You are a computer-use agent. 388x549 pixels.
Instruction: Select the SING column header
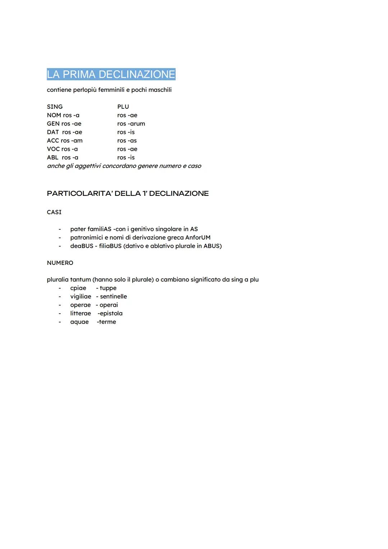(x=55, y=107)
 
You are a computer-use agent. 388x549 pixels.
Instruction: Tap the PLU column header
(x=123, y=107)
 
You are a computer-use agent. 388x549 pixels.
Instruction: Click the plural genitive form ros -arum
(x=131, y=123)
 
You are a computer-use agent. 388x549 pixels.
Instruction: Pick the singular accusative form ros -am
(x=72, y=140)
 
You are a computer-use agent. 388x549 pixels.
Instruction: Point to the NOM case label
(x=54, y=115)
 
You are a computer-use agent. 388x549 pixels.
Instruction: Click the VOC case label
(x=53, y=149)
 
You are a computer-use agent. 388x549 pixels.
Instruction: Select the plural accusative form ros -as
(x=127, y=140)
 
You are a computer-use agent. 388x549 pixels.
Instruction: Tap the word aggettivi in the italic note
(x=88, y=166)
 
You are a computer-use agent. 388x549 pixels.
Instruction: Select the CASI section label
(x=54, y=212)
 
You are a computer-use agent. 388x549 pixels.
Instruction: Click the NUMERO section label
(x=60, y=263)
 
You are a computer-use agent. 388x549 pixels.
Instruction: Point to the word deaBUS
(x=82, y=246)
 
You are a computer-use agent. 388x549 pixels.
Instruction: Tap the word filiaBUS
(x=110, y=246)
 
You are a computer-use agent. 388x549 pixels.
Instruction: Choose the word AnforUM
(x=198, y=238)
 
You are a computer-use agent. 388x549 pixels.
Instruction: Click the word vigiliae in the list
(x=81, y=296)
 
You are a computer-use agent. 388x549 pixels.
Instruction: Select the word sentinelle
(x=114, y=296)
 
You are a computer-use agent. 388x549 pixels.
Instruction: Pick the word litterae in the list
(x=80, y=313)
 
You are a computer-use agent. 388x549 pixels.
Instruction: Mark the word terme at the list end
(x=107, y=322)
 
